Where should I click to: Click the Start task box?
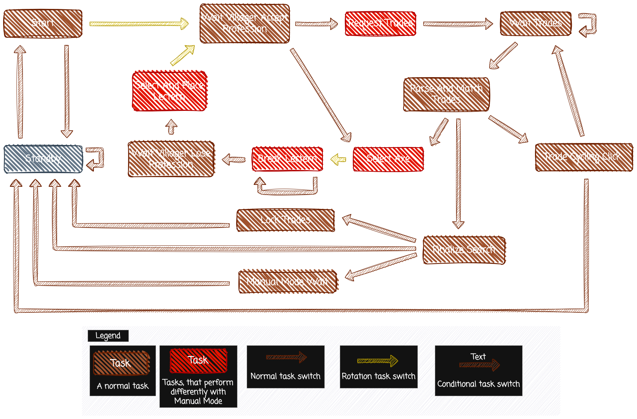[x=43, y=23]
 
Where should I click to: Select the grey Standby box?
[x=43, y=159]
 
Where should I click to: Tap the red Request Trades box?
[x=380, y=23]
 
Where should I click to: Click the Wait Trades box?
[x=535, y=23]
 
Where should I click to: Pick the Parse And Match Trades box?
[x=446, y=94]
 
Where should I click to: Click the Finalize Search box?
[x=464, y=250]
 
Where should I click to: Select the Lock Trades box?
[x=286, y=220]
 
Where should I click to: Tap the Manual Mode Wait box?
[x=287, y=281]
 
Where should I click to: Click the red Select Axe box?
[x=388, y=159]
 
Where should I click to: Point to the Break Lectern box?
[x=287, y=159]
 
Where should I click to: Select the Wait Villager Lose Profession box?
[x=171, y=159]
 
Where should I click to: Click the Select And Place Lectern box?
[x=169, y=91]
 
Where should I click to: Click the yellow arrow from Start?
[x=138, y=24]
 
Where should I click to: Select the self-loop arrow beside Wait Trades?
[x=588, y=24]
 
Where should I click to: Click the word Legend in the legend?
[x=108, y=336]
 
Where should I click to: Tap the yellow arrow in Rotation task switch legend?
[x=377, y=361]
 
